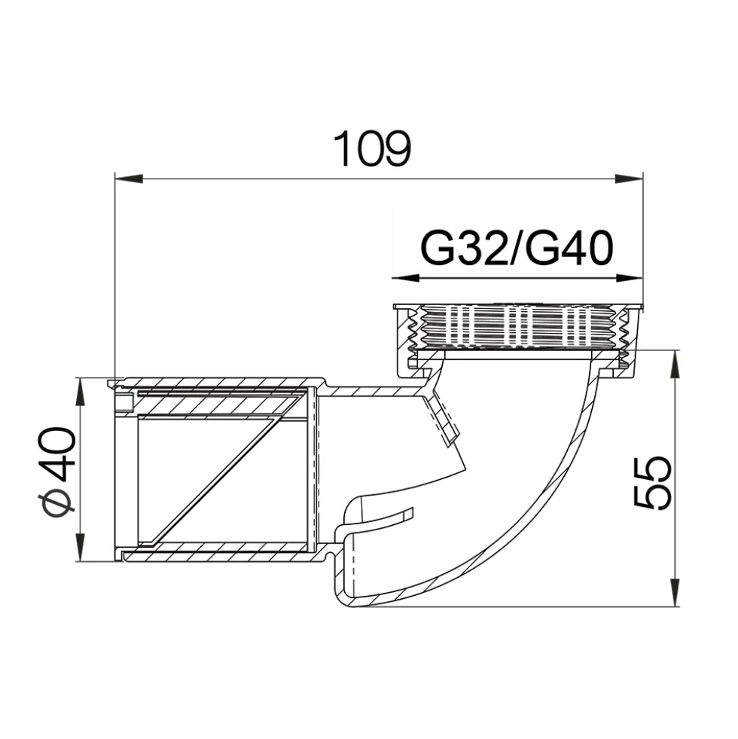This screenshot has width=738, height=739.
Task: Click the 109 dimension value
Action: coord(372,148)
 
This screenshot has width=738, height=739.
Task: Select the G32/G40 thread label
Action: coord(517,248)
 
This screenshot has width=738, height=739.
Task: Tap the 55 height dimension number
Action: coord(651,483)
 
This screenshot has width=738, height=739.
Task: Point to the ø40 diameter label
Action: coord(57,473)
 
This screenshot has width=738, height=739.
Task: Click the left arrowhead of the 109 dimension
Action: coord(129,179)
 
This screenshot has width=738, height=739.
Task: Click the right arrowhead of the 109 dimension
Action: coord(629,179)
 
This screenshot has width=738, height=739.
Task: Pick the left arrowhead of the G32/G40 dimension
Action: coord(406,278)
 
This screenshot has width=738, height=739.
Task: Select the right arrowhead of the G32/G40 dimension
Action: coord(629,278)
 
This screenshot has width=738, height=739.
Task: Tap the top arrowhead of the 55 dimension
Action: coord(675,364)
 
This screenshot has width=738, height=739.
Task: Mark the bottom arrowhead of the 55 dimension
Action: coord(675,593)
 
